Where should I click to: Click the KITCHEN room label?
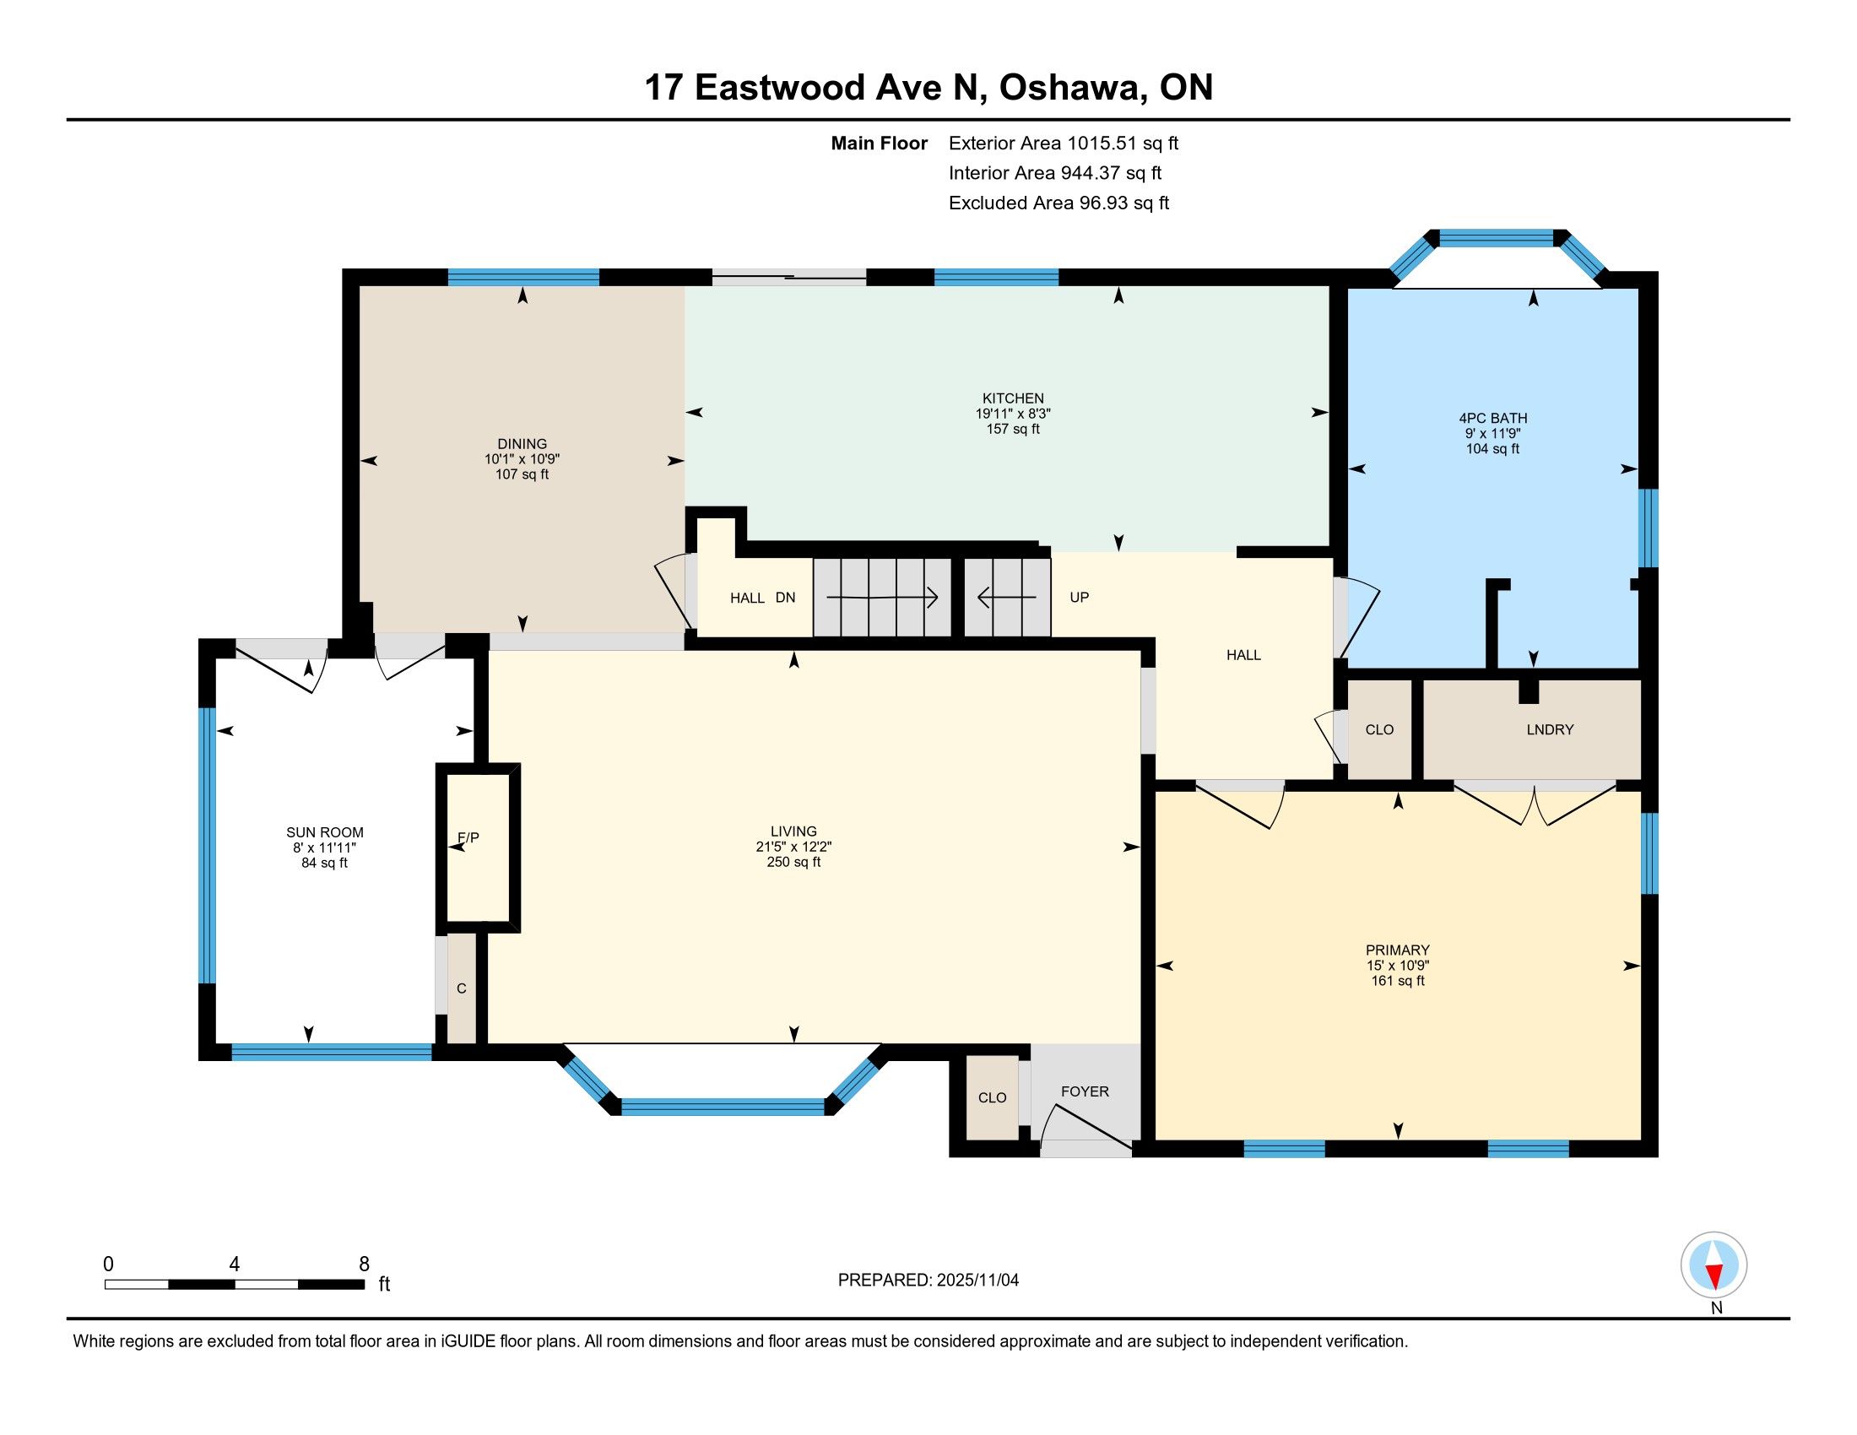(x=1013, y=398)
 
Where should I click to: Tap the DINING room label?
(x=522, y=444)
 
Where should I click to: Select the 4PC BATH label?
(x=1492, y=418)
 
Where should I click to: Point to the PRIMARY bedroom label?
(x=1397, y=950)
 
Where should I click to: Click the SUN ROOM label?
(x=325, y=833)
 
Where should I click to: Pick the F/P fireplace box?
(x=478, y=847)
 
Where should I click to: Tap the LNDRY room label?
(x=1550, y=729)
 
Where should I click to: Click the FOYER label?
(x=1085, y=1091)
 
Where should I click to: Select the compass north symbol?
(x=1714, y=1265)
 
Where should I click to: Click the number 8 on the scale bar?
(x=364, y=1264)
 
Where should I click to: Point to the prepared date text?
(x=928, y=1281)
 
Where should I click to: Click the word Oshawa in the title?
(x=1069, y=88)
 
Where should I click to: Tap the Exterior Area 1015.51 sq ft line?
(x=1064, y=143)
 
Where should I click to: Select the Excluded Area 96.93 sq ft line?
(x=1059, y=203)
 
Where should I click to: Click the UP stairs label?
(x=1079, y=598)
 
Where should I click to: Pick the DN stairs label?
(x=786, y=598)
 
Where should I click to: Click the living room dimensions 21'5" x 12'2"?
(x=793, y=847)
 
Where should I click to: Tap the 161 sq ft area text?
(x=1398, y=981)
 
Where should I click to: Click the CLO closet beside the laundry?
(x=1379, y=729)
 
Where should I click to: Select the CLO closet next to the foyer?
(x=993, y=1098)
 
